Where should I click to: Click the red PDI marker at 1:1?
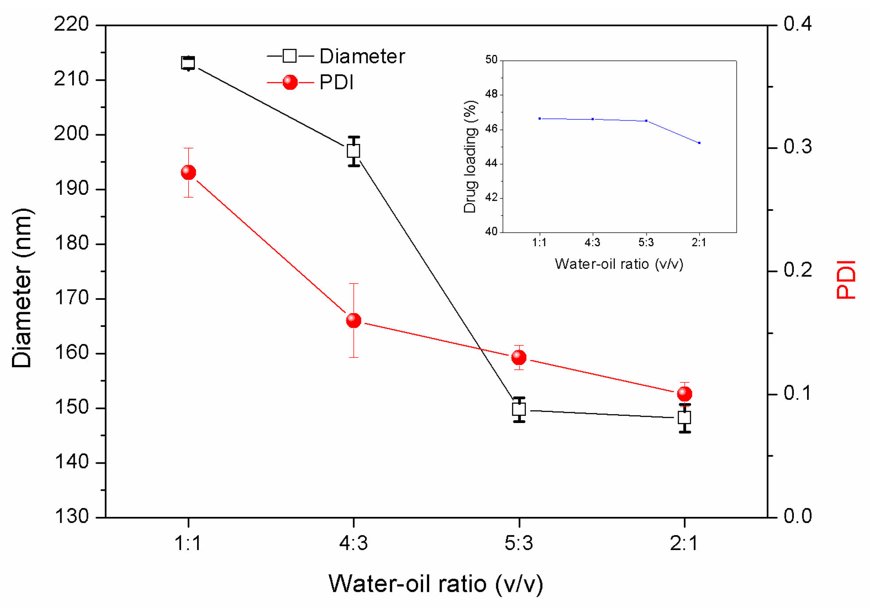coord(188,172)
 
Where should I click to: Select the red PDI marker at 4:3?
coord(353,320)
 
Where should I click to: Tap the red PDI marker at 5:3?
coord(519,357)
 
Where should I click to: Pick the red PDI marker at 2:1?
coord(684,393)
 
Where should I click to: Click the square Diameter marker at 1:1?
coord(188,63)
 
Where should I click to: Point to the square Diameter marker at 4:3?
coord(353,151)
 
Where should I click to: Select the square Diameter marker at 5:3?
coord(519,409)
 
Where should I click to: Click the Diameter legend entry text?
coord(362,57)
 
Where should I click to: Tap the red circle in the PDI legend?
coord(290,82)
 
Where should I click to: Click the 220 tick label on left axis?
coord(71,24)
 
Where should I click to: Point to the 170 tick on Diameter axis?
coord(71,298)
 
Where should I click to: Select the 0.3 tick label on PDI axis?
coord(797,147)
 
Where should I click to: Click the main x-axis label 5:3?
coord(519,543)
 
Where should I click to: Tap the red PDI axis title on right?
coord(846,280)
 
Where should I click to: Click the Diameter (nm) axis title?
coord(22,288)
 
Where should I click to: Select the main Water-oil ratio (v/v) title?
coord(435,584)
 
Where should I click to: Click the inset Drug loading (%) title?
coord(470,157)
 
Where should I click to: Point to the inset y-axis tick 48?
coord(491,94)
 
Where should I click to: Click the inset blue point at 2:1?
coord(699,143)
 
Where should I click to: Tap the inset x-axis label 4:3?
coord(592,242)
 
